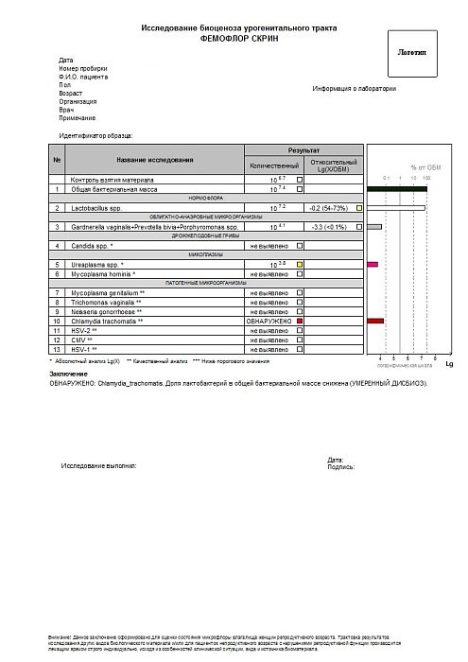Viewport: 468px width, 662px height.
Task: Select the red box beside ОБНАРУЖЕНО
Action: (300, 322)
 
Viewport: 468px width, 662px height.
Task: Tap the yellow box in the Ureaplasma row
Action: (300, 264)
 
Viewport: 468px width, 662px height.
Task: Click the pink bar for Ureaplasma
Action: (373, 264)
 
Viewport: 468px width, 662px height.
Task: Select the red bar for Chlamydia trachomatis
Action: (375, 322)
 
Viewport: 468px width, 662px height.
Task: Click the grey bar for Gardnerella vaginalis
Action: (374, 227)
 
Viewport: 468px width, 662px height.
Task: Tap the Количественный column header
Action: (273, 165)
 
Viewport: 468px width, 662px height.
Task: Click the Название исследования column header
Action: (155, 159)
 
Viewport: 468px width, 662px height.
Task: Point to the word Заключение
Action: (68, 375)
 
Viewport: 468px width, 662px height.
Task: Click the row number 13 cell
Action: (57, 350)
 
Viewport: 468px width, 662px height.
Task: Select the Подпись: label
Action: (340, 466)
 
